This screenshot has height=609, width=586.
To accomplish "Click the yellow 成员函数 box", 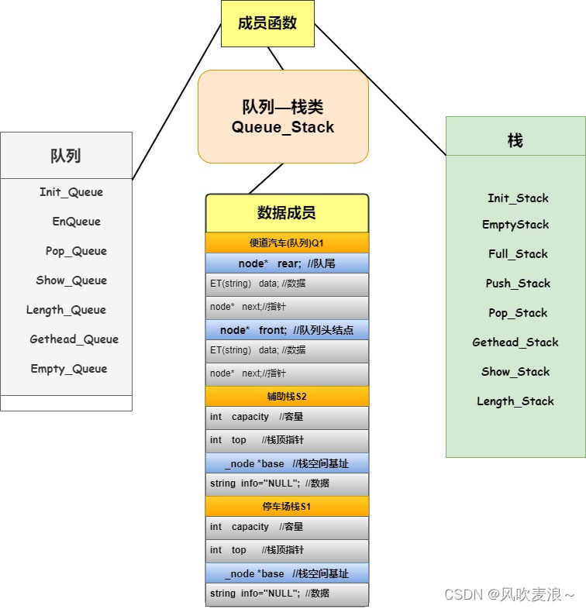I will tap(267, 23).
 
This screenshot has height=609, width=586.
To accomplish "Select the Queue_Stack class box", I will tap(283, 117).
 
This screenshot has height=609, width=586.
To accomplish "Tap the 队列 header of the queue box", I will tap(66, 156).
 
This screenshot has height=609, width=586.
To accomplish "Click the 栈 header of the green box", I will tap(515, 140).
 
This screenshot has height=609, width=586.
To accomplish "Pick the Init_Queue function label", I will tap(71, 192).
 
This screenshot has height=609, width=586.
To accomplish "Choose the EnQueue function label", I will tap(77, 222).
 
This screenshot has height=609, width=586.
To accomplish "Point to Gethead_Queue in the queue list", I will tap(74, 339).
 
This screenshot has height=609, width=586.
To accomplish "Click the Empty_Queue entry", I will tap(69, 369).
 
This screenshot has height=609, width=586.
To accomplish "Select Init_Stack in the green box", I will tap(518, 198).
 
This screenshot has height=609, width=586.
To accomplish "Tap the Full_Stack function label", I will tap(518, 254).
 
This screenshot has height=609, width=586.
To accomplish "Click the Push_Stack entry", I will tap(518, 284).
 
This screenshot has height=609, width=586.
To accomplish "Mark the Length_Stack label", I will tap(515, 401).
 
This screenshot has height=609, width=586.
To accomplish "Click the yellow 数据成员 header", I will tap(287, 213).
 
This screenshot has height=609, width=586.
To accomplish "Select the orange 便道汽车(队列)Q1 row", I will tap(287, 243).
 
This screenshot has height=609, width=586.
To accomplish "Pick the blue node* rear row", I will tap(287, 263).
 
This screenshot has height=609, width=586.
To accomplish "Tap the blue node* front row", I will tap(287, 330).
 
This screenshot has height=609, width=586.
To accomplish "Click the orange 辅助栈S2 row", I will tap(287, 396).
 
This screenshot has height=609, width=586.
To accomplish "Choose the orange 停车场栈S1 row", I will tap(287, 506).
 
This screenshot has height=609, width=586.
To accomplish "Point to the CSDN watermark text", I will tap(509, 594).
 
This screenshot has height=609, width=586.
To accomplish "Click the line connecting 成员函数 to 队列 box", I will tap(178, 101).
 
